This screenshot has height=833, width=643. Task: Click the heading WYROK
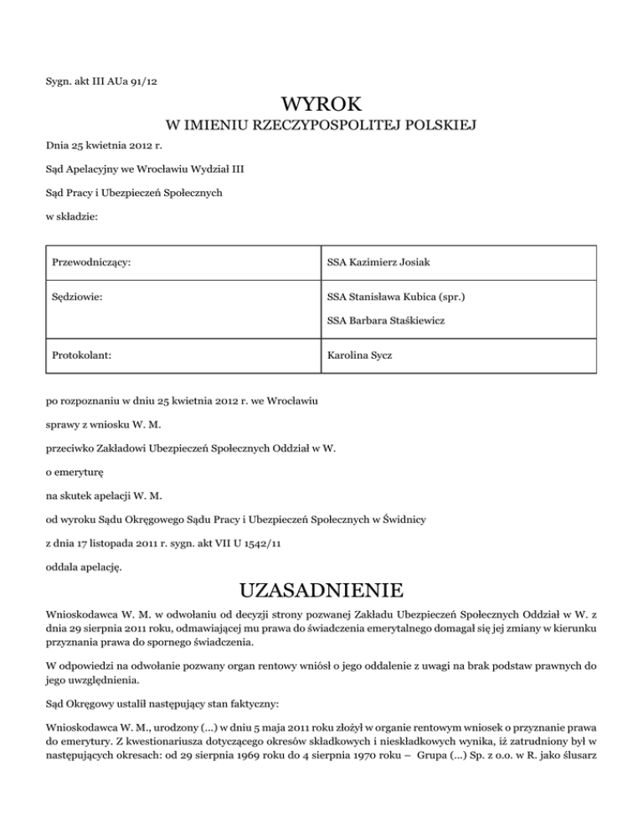click(321, 105)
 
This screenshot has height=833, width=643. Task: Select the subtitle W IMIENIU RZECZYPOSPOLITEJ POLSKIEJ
click(321, 127)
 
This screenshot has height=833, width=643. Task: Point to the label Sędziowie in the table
click(77, 295)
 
